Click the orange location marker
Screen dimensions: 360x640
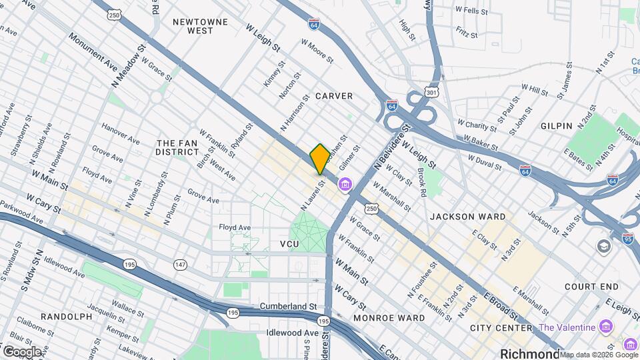320,159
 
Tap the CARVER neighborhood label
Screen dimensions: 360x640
333,96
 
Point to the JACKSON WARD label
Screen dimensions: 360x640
467,217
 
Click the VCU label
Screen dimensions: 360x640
289,245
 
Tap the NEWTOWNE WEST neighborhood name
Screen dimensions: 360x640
200,26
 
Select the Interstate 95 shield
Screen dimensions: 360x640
627,237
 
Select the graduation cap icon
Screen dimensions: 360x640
604,247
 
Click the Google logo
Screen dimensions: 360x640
21,351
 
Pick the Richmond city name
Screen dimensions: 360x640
531,353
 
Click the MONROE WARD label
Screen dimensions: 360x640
389,318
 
